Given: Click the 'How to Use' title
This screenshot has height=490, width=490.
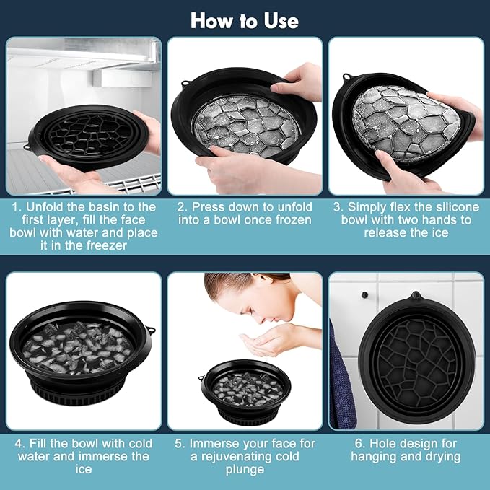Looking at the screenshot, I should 244,19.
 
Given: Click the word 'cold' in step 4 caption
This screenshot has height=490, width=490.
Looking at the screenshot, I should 134,443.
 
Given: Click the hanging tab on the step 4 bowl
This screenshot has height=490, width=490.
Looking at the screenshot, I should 151,331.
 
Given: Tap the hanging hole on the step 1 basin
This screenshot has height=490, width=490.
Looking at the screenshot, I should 27,147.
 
